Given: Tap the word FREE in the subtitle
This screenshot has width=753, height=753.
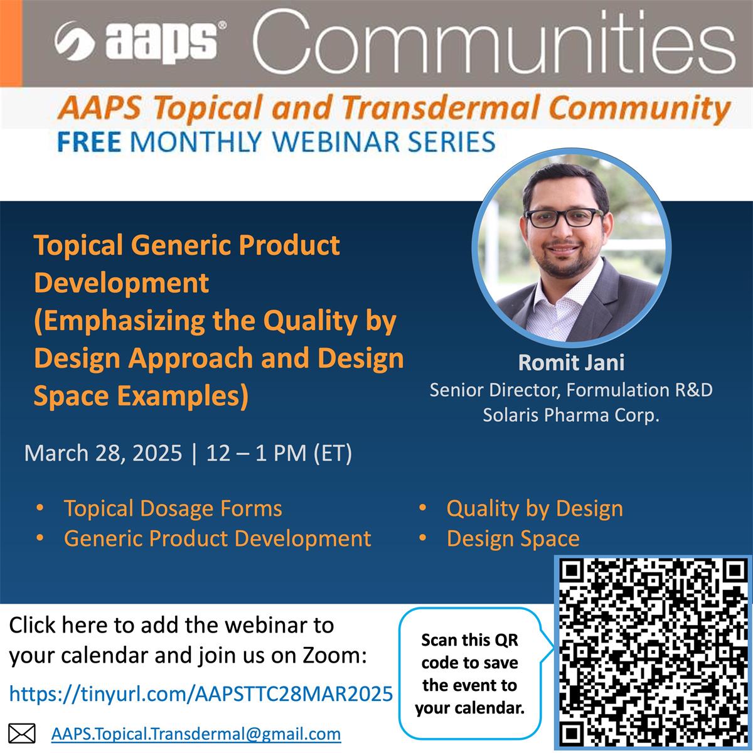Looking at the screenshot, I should (x=88, y=141).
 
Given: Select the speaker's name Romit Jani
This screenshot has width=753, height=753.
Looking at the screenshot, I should (x=571, y=363).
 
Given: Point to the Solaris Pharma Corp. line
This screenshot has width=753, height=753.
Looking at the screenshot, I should (x=571, y=415).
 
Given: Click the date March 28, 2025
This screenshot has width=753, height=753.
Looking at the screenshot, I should (x=103, y=452).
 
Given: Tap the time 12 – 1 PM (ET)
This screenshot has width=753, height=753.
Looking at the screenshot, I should (x=279, y=452).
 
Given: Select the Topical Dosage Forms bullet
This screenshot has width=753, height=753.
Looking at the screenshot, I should (x=173, y=508).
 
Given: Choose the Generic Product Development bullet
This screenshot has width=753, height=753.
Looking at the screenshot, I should (x=217, y=538).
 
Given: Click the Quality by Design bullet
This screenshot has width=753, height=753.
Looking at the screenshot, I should (x=535, y=508).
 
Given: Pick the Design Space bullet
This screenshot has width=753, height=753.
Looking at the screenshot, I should (x=513, y=538).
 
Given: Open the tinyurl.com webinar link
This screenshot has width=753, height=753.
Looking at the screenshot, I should (x=201, y=693).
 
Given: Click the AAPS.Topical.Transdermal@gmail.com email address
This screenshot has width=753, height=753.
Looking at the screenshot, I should (x=196, y=734).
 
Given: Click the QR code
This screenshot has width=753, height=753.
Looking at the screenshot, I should (x=653, y=653).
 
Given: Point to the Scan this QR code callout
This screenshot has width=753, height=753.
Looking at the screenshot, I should (x=469, y=674).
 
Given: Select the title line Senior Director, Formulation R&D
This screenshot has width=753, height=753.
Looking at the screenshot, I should (x=571, y=390).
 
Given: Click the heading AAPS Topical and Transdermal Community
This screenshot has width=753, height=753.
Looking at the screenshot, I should (x=394, y=108).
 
